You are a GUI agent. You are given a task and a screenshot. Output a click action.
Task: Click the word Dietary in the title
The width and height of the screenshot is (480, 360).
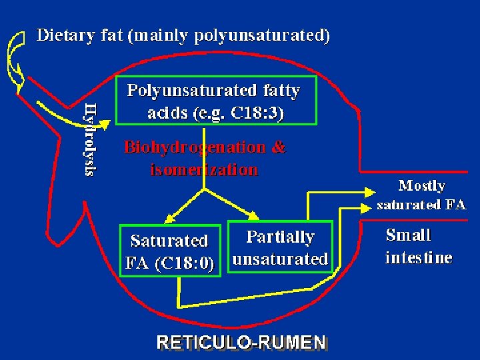[x=65, y=35]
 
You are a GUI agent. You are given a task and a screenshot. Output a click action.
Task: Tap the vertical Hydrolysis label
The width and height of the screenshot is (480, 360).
[x=91, y=138]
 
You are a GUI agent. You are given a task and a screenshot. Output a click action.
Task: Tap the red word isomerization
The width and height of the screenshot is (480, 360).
[x=204, y=169]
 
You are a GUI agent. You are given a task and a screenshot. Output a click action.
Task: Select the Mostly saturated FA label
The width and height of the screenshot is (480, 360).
[x=421, y=195]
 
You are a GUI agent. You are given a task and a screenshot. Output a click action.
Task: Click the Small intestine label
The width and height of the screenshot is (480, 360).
[x=418, y=246]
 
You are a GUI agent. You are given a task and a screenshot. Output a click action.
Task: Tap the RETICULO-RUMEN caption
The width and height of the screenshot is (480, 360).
[x=241, y=343]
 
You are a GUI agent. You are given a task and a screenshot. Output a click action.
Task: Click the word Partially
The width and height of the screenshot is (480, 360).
[x=280, y=237]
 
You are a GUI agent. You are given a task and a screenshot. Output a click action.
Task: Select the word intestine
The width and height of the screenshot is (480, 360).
[x=419, y=257]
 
